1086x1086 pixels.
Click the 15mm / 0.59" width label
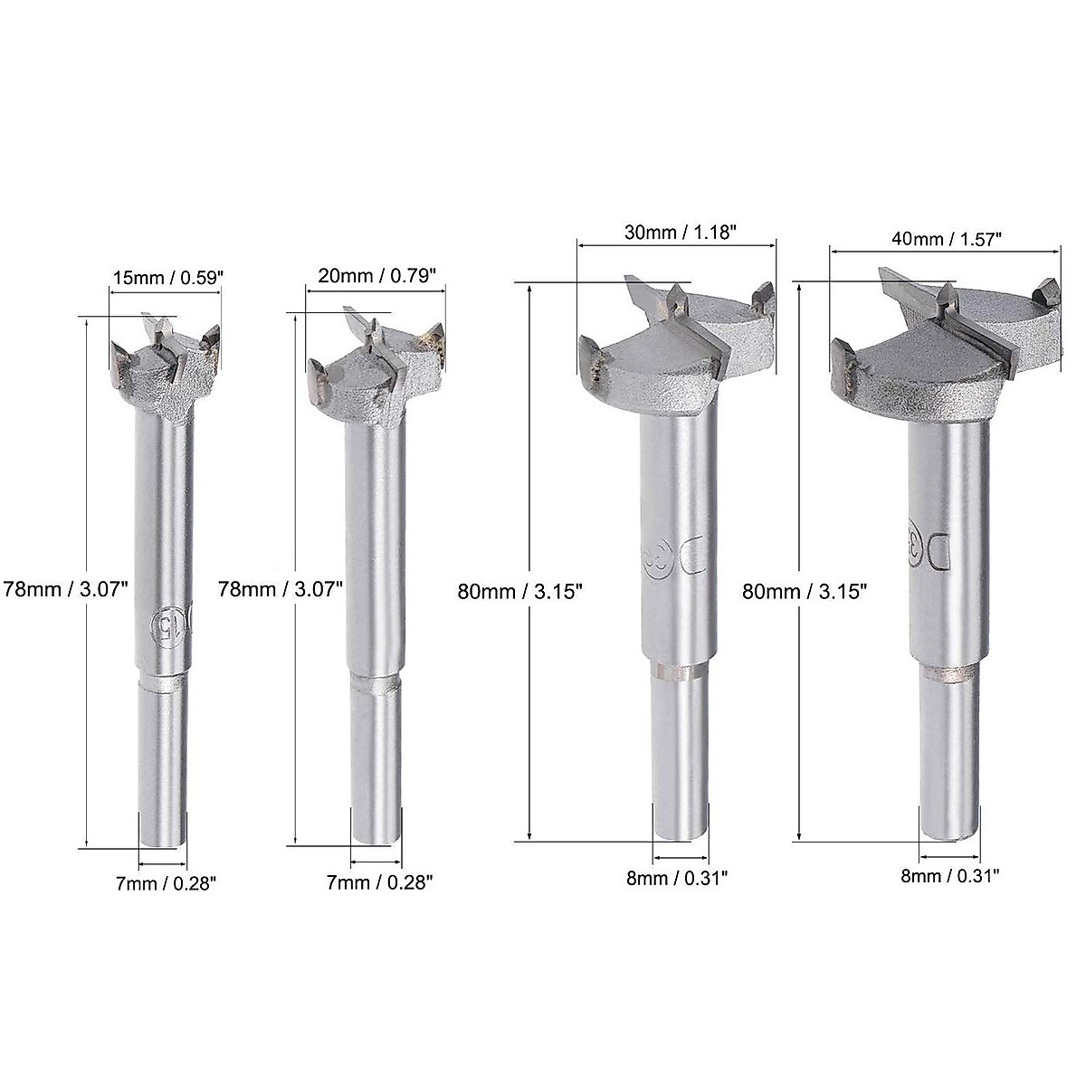165,279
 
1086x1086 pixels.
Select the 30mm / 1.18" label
676,231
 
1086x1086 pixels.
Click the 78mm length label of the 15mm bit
64,586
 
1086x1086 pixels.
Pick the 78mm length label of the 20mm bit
281,587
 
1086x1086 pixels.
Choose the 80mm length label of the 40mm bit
805,591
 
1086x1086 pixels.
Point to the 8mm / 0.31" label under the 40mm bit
950,874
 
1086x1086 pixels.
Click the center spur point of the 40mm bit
947,296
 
